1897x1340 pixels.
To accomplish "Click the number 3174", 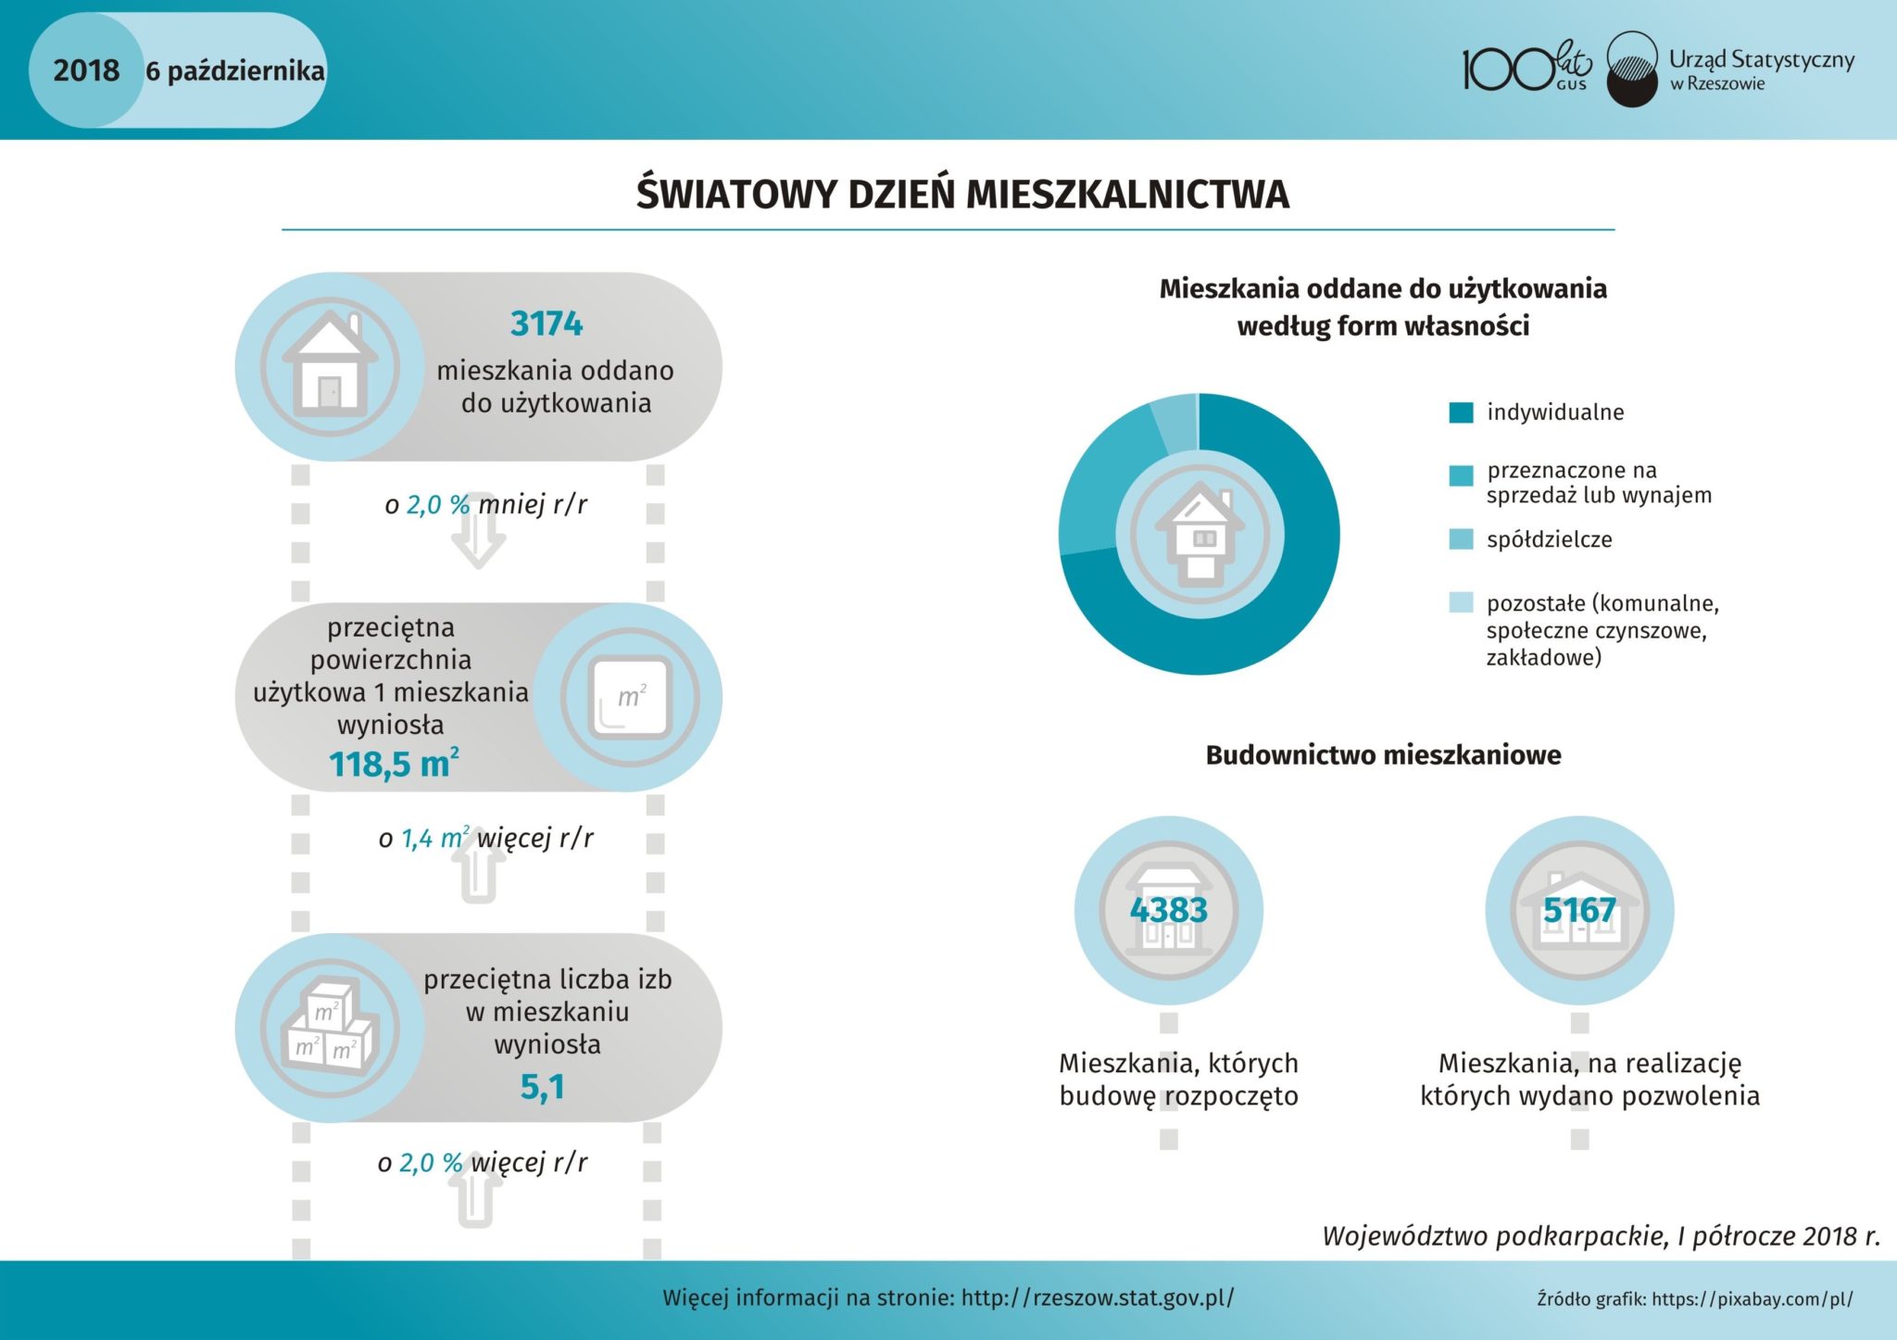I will (x=546, y=323).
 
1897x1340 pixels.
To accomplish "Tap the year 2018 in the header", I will (x=86, y=70).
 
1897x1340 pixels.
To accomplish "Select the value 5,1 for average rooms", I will (x=543, y=1086).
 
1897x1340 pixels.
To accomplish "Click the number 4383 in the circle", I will (x=1169, y=910).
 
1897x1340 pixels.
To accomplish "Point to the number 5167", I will (x=1579, y=910).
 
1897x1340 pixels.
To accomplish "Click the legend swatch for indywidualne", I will (x=1461, y=412).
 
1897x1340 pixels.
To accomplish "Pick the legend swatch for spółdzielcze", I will (x=1461, y=539).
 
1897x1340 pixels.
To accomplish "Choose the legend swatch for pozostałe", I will (x=1461, y=603).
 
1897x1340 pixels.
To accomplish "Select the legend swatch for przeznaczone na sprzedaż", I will (x=1461, y=475).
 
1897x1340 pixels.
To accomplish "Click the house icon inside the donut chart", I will (x=1200, y=535).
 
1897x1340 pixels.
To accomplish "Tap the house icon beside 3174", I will (x=330, y=367).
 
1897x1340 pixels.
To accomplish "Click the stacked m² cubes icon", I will (x=330, y=1029).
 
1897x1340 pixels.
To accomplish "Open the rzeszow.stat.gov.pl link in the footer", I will (x=1098, y=1297).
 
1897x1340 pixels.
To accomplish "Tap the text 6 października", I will (x=235, y=71).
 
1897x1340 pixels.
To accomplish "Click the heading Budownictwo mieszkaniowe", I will (x=1383, y=755).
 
